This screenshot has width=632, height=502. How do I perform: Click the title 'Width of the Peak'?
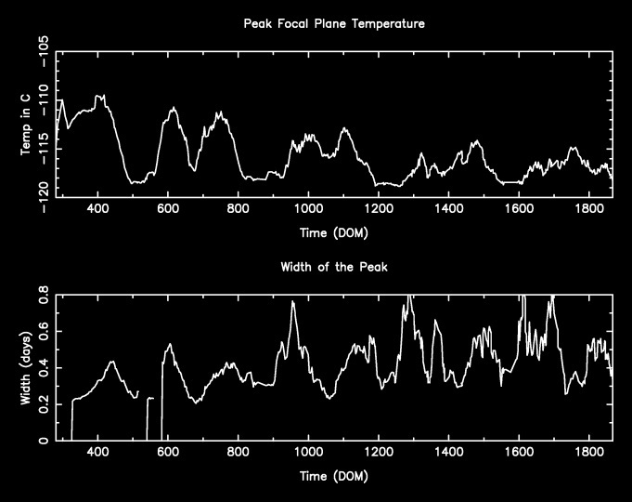(332, 267)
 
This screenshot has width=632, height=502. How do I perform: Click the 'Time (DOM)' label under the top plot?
(332, 232)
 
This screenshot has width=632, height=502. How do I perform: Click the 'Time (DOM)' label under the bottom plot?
(332, 477)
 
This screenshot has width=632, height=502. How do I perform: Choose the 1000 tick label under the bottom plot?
(308, 454)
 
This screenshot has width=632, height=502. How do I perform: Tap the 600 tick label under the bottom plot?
(168, 454)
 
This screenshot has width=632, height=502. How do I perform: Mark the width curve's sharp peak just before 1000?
(293, 301)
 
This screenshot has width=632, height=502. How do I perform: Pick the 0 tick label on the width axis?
(45, 441)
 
